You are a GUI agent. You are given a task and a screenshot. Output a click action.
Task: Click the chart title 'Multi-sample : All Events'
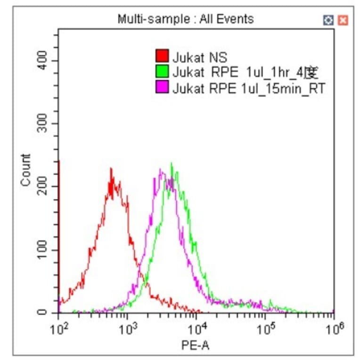[x=185, y=19]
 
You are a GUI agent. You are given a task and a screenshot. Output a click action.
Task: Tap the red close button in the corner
[x=343, y=20]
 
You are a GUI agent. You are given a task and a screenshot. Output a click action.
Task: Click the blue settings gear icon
[x=329, y=20]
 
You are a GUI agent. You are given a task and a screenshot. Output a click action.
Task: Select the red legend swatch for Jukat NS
[x=162, y=58]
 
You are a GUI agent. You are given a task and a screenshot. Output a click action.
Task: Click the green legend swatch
[x=162, y=73]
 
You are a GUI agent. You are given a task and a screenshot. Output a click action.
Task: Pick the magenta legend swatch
[x=162, y=88]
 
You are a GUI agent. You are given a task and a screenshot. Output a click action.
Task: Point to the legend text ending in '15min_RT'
[x=249, y=88]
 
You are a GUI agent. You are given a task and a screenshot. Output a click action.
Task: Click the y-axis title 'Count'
[x=25, y=170]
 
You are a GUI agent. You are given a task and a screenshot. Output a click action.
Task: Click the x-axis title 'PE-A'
[x=195, y=346]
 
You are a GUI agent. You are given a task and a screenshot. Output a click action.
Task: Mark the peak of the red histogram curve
[x=111, y=169]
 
